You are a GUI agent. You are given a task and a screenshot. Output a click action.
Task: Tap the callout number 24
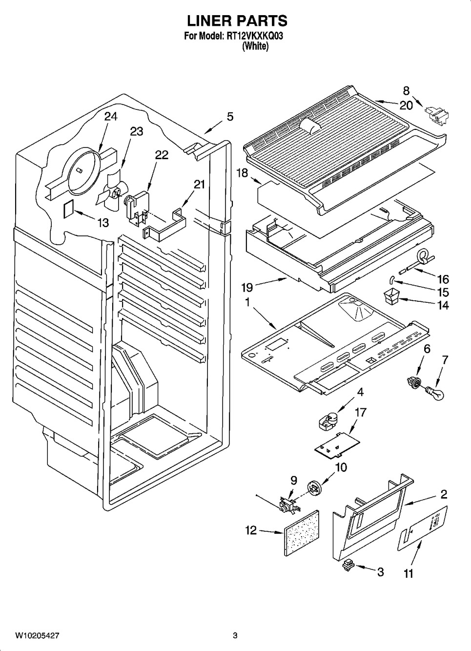111,117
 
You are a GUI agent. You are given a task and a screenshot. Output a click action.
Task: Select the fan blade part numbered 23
112,191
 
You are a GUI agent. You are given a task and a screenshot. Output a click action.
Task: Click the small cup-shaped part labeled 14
391,295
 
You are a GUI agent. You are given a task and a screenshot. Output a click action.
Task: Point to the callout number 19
247,288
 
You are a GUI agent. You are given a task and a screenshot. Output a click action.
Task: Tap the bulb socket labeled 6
414,381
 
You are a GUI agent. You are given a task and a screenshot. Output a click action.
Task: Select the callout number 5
230,117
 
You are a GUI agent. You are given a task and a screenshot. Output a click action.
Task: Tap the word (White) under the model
255,46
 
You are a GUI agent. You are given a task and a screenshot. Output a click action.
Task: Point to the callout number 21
200,184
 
